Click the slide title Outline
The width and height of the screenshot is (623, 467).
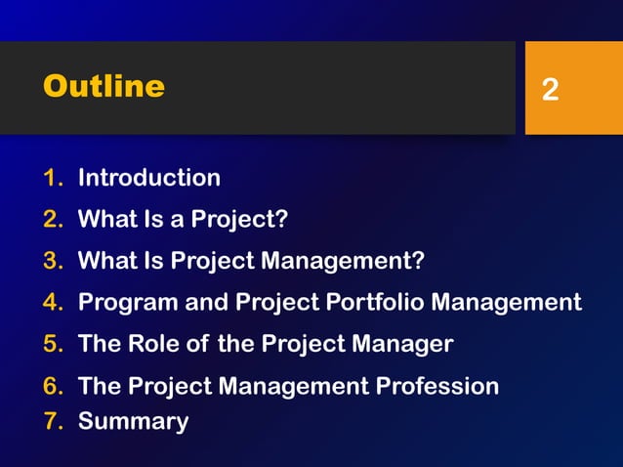coord(104,87)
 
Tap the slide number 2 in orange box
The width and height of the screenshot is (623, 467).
coord(551,91)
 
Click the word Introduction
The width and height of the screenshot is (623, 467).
coord(148,178)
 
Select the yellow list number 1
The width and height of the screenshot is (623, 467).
coord(52,178)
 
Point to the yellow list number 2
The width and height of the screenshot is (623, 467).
coord(52,219)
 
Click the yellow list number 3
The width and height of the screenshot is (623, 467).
coord(52,261)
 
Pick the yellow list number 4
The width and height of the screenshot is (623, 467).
coord(52,302)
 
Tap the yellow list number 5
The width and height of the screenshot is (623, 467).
coord(52,344)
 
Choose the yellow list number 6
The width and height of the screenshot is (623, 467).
coord(52,386)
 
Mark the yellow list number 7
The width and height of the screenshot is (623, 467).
coord(52,422)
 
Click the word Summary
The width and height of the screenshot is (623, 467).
coord(133,422)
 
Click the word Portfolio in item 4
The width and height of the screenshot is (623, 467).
coord(375,302)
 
